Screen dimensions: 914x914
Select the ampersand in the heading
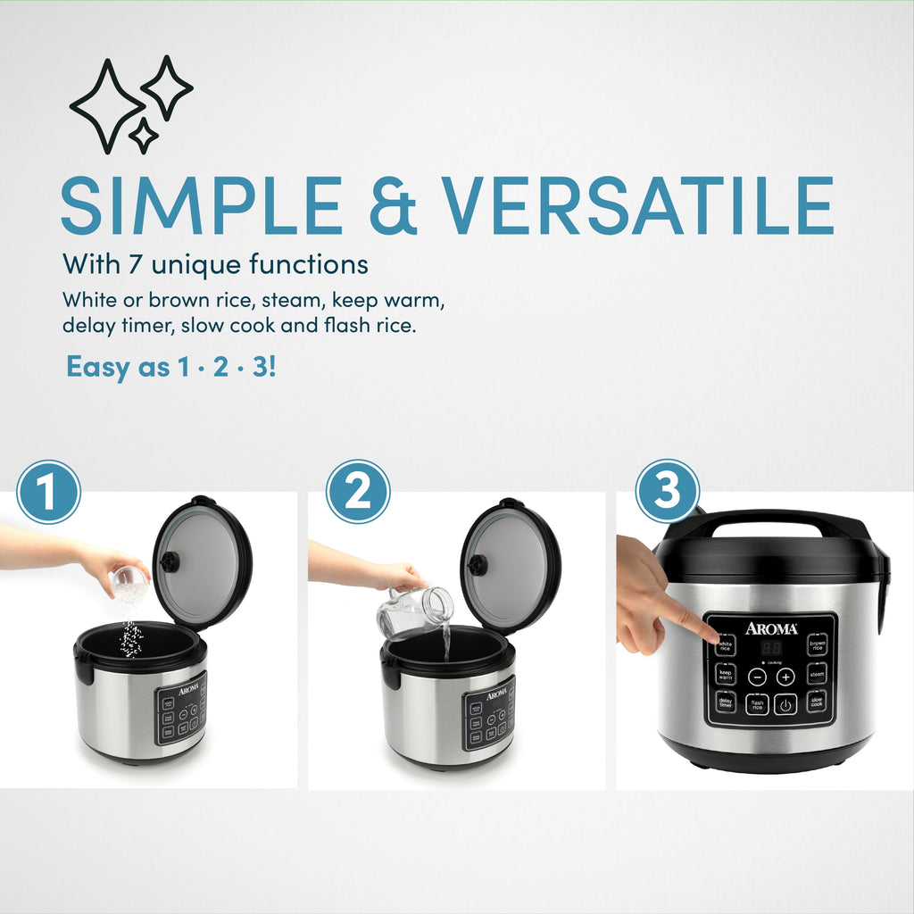391,207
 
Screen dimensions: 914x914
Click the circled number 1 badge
48,492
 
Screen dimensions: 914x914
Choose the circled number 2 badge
357,492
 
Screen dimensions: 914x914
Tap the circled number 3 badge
667,492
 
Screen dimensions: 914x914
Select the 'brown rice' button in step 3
817,645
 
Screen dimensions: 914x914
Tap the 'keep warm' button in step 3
726,675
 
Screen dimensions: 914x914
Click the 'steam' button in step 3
817,675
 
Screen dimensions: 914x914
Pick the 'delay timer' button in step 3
726,704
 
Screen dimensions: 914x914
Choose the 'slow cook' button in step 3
817,703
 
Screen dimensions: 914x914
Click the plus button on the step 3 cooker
785,677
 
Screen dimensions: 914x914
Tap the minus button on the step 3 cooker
758,677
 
